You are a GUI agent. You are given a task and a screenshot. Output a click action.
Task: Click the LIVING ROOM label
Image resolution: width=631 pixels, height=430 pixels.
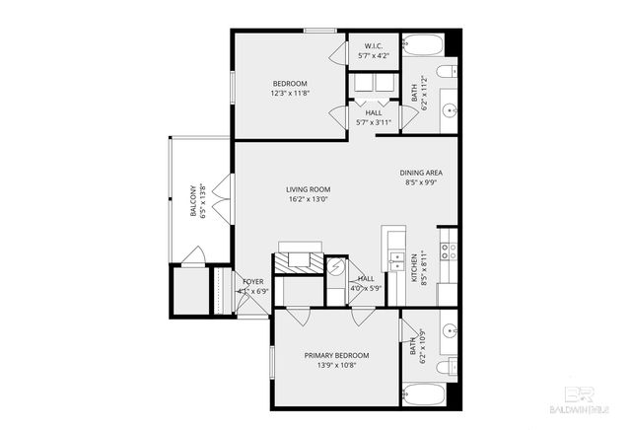pos(308,189)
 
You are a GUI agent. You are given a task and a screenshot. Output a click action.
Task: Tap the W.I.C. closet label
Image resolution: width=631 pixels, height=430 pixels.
pos(374,46)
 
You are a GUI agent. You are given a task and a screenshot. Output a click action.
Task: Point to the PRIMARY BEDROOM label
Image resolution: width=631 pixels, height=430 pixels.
pos(336,355)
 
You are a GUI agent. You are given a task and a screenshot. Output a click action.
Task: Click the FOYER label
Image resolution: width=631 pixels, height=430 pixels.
pos(253,282)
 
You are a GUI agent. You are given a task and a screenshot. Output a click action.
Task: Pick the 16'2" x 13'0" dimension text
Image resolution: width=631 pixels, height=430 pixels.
pos(308,199)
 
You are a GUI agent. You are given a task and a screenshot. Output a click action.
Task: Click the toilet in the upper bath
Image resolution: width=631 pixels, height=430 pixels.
pos(449,70)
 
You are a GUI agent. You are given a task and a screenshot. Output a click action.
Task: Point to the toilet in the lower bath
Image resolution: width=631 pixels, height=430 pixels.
pos(449,368)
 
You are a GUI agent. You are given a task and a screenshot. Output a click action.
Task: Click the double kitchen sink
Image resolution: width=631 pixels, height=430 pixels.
pos(394,262)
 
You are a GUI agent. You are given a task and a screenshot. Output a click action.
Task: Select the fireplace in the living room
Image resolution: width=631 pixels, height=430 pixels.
pos(298,258)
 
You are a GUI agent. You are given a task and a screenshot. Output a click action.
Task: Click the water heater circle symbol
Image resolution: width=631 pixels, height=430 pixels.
pos(337,266)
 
